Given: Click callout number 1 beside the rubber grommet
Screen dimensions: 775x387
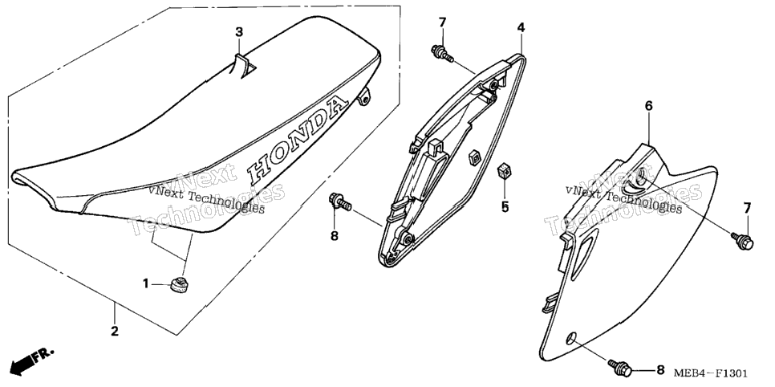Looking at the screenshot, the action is [x=146, y=284].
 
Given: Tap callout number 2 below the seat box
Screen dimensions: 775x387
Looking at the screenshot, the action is [x=115, y=331].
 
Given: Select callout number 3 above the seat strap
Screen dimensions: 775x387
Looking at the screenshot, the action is [x=239, y=33].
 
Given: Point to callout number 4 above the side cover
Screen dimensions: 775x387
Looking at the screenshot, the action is [x=521, y=28].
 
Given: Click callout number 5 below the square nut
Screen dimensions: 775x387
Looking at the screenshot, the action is [x=505, y=207].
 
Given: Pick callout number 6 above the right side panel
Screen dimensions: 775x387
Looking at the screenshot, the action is [x=649, y=105].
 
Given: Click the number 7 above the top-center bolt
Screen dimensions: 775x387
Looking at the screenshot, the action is [x=442, y=22].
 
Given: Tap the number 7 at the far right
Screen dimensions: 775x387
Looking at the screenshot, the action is [x=747, y=208].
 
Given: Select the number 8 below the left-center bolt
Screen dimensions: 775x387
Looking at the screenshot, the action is [x=335, y=236].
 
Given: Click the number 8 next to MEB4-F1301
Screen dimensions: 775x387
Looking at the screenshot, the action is [x=659, y=369].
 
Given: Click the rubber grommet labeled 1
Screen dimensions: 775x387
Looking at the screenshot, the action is [x=179, y=285].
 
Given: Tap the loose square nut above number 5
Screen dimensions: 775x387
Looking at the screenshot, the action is [x=504, y=171].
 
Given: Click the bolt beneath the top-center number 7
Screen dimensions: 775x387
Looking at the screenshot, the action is [x=442, y=53].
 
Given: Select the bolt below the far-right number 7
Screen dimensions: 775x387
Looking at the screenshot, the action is [x=743, y=241].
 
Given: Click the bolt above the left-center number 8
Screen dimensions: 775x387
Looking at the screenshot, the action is [x=340, y=202].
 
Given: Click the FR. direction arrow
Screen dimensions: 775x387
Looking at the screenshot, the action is [x=31, y=361].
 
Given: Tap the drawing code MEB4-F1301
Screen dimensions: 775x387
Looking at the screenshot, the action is [x=710, y=373].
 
